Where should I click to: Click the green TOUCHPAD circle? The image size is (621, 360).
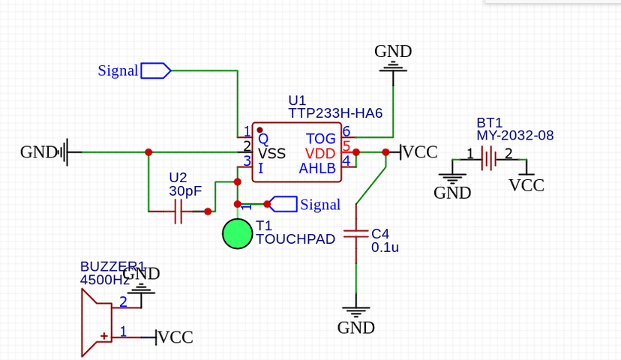[x=238, y=233]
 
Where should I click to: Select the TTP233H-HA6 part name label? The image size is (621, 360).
[x=335, y=113]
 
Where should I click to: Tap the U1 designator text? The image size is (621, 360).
[x=297, y=100]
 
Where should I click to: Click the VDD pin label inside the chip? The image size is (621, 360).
[x=321, y=154]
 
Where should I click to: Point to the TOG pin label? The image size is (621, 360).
[x=321, y=139]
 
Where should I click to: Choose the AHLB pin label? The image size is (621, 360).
[x=317, y=168]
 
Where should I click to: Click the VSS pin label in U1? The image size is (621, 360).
[x=271, y=154]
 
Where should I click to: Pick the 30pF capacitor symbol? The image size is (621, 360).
[x=178, y=212]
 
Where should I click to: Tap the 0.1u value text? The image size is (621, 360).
[x=385, y=247]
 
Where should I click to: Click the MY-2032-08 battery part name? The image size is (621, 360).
[x=514, y=136]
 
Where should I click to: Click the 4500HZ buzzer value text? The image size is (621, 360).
[x=105, y=280]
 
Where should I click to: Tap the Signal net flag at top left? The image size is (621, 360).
[x=156, y=70]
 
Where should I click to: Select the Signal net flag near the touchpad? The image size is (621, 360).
[x=283, y=204]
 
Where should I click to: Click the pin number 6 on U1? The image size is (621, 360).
[x=346, y=131]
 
